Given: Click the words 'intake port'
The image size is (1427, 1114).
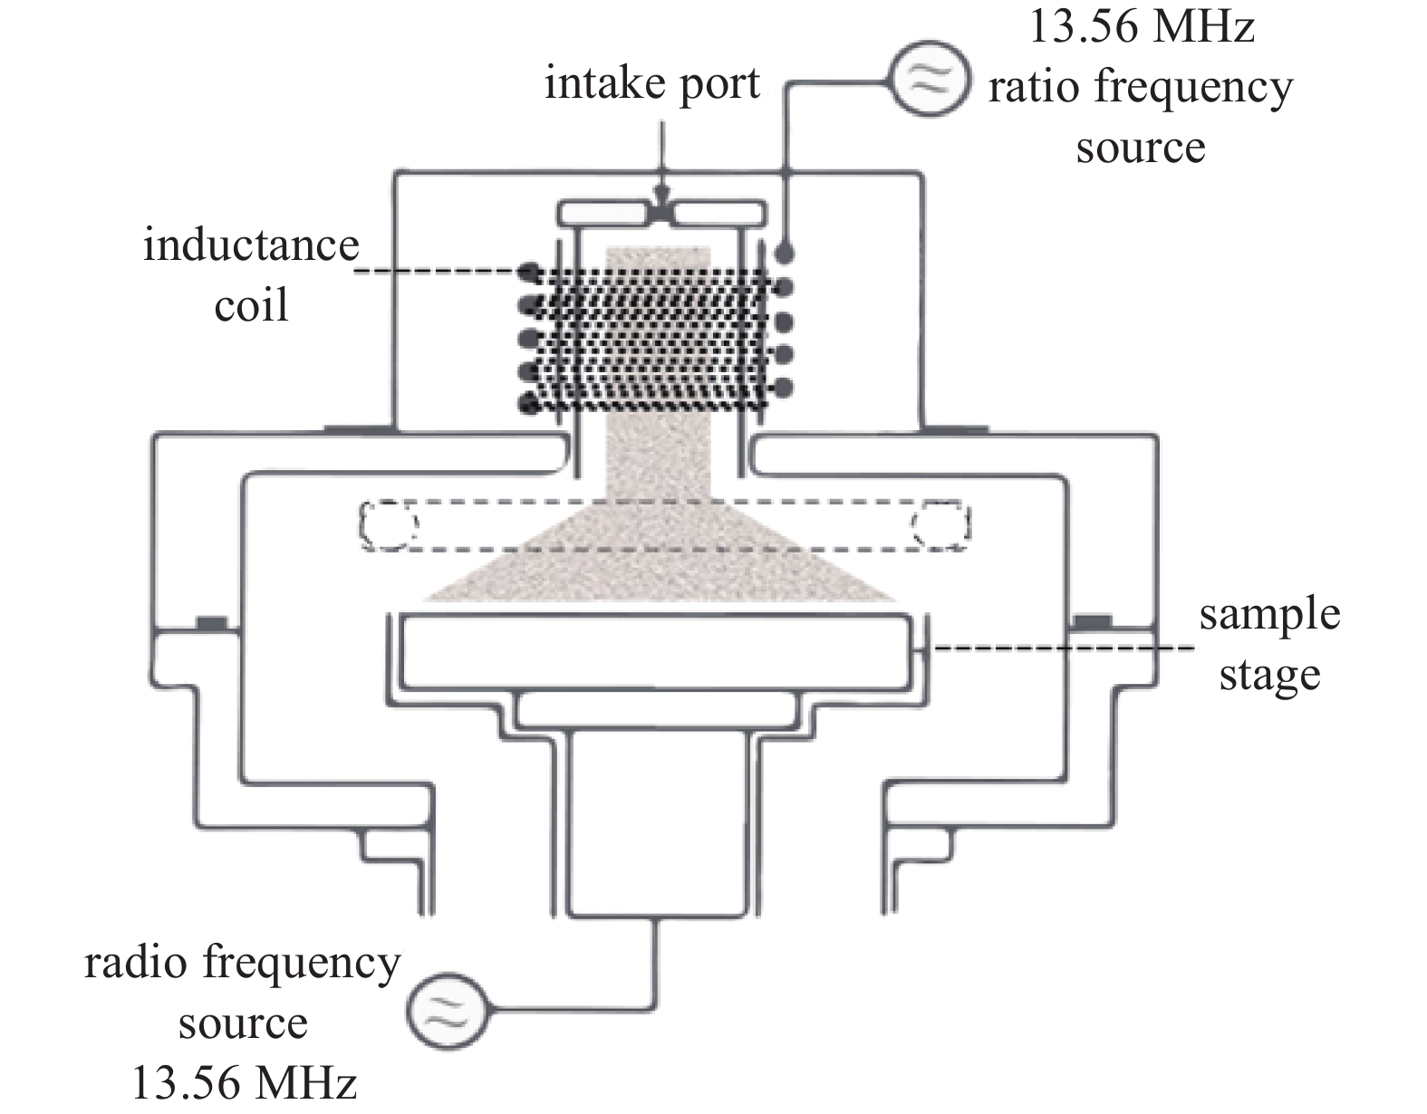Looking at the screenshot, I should point(652,84).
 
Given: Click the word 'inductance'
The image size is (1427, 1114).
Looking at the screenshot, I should point(251,245).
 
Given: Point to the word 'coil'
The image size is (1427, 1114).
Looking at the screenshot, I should point(251,305).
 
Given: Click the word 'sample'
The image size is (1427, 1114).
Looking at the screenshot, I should point(1269,616).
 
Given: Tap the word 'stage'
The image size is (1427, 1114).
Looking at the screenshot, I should point(1269,675).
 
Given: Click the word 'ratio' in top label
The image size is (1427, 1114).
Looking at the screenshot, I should point(1032,89).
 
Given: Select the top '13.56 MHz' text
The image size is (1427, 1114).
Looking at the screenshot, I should point(1140,27).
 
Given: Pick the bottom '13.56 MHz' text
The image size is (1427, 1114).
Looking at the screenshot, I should point(244,1082).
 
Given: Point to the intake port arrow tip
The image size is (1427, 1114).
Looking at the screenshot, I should point(662,201).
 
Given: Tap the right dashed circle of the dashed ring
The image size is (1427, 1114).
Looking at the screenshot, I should point(942,524).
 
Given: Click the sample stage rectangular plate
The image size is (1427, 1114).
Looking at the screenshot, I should point(657,651).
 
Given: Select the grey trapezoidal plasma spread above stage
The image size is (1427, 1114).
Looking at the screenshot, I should point(660,562).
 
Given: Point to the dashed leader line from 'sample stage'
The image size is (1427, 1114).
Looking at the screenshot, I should point(1060,648).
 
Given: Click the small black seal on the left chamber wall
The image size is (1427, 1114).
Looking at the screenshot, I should point(212,622).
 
